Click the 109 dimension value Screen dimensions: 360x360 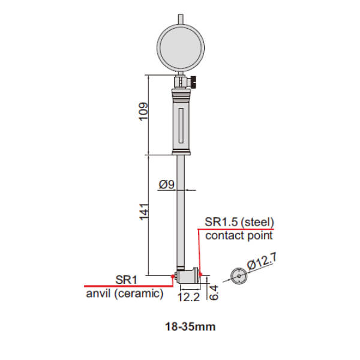[x=143, y=112]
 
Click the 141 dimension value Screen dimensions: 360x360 [x=144, y=212]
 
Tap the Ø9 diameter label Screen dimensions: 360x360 [x=167, y=184]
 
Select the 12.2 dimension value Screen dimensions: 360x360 [x=188, y=297]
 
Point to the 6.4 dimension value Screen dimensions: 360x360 [x=214, y=293]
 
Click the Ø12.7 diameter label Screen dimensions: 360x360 [x=262, y=262]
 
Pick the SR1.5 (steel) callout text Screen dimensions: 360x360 [x=239, y=222]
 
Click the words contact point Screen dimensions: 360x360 [x=239, y=236]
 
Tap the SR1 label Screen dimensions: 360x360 [x=126, y=280]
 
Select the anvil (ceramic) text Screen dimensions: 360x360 [x=125, y=293]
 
